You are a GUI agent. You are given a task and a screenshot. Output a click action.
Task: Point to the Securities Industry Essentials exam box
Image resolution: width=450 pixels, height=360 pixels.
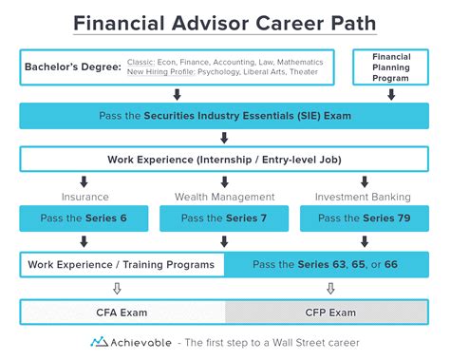[224, 116]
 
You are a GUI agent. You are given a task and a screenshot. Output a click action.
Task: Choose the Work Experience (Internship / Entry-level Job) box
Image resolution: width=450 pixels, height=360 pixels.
[224, 159]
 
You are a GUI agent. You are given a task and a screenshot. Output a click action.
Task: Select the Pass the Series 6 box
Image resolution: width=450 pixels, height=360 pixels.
[84, 218]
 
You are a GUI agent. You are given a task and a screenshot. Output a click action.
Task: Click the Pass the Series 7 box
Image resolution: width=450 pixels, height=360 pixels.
[224, 218]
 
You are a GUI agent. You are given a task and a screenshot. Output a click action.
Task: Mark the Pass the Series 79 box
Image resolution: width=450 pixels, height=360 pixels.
[364, 218]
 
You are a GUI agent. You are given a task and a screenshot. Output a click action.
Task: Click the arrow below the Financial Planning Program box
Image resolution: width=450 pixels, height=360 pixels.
[391, 94]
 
